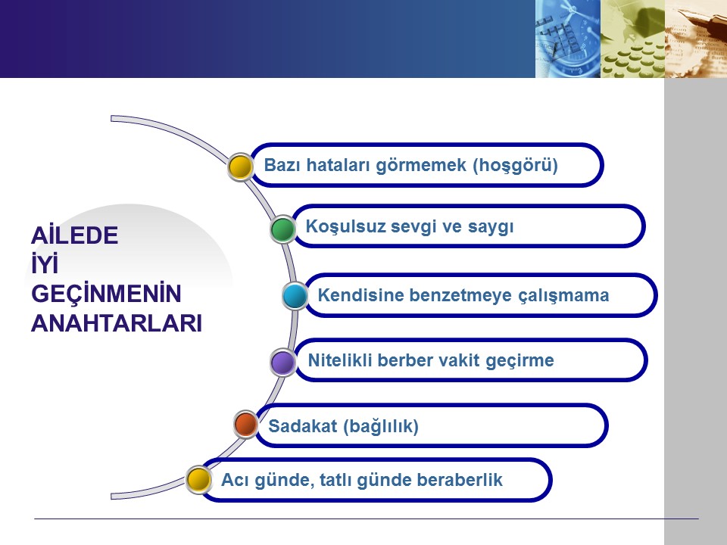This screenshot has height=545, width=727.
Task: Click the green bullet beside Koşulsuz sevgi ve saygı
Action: (282, 229)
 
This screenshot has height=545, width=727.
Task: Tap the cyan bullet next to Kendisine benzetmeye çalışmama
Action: (295, 296)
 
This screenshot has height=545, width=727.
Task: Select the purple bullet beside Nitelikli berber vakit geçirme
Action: (282, 363)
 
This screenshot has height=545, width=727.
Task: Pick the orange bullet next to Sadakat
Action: (245, 424)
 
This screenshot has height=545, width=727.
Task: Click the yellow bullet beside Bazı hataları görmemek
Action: (241, 167)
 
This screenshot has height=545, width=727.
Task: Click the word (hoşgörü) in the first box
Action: (515, 166)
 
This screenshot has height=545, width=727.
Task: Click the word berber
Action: (406, 360)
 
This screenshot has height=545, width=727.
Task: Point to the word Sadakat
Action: (302, 426)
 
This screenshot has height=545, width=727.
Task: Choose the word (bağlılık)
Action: (381, 426)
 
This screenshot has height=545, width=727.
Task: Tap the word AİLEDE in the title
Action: (75, 235)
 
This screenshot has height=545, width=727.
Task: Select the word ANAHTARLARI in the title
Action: (117, 323)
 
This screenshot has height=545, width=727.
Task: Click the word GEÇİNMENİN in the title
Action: (106, 294)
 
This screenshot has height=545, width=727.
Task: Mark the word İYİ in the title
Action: (45, 264)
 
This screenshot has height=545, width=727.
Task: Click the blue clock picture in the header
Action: (568, 39)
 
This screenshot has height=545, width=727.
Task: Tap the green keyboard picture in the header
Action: (633, 39)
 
